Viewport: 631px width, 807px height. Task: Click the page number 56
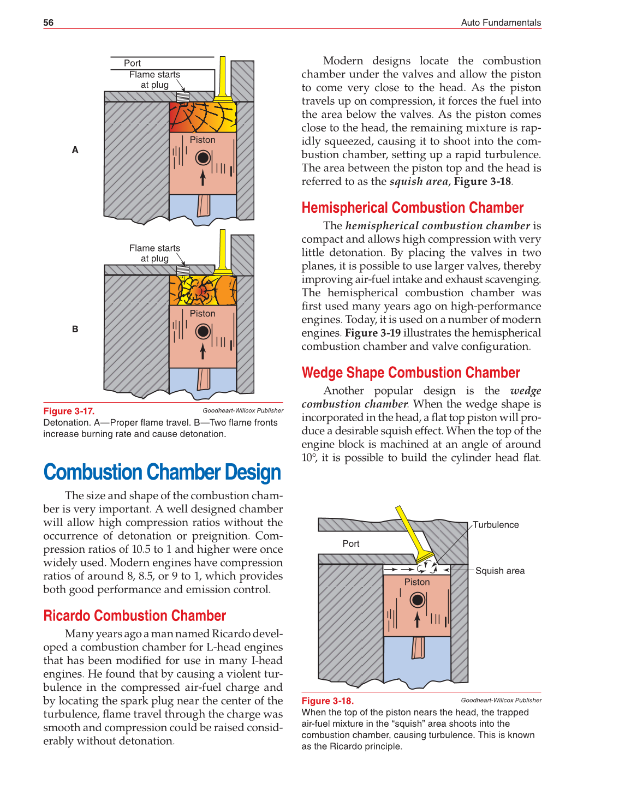(49, 22)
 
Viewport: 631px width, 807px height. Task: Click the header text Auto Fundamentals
(501, 22)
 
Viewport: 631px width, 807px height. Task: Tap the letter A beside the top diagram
(75, 150)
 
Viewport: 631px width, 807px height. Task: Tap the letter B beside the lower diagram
(75, 329)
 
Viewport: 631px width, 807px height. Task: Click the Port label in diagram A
(132, 63)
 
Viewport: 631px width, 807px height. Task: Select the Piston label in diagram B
(203, 314)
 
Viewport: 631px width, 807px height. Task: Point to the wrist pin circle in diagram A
(203, 158)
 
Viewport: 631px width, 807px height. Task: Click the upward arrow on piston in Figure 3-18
(418, 619)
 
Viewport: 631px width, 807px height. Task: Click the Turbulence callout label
(496, 525)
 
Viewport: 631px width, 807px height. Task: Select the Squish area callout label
(499, 571)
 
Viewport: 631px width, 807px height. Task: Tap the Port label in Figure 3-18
(351, 543)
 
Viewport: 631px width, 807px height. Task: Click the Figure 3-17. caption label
(69, 411)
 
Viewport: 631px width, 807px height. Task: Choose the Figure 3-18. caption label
(328, 701)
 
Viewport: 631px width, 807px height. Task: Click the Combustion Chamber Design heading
(162, 473)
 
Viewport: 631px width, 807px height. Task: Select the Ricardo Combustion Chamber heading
(134, 615)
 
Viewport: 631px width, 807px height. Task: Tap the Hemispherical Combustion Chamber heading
(412, 208)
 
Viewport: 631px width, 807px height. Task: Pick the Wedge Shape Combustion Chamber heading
(410, 373)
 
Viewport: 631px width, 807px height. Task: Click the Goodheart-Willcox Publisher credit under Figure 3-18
(501, 700)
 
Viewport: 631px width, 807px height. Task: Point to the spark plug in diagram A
(183, 97)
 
